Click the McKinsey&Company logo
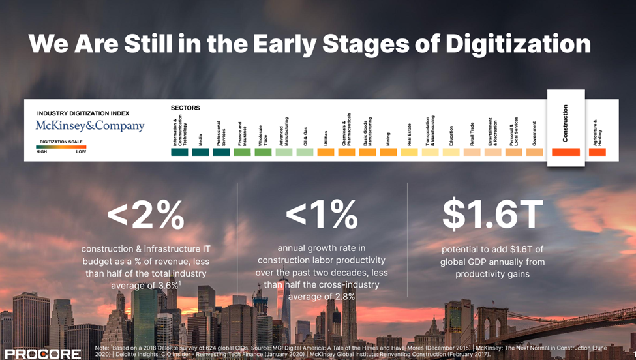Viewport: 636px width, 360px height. pos(90,126)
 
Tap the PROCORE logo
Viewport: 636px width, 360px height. pos(40,353)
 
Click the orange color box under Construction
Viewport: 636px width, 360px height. pos(566,152)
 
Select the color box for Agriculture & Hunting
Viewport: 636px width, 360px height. pos(597,152)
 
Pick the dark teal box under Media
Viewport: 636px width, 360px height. pos(200,152)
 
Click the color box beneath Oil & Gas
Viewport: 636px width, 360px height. pos(305,152)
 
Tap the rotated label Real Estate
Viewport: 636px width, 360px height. pos(409,134)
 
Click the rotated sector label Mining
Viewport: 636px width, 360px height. pos(388,136)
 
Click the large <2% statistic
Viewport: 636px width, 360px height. pos(146,215)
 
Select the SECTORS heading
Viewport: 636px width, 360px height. pos(185,108)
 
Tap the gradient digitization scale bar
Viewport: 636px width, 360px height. pos(61,147)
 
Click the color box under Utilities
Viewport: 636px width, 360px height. pos(326,152)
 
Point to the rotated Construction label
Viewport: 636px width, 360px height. pos(566,123)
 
